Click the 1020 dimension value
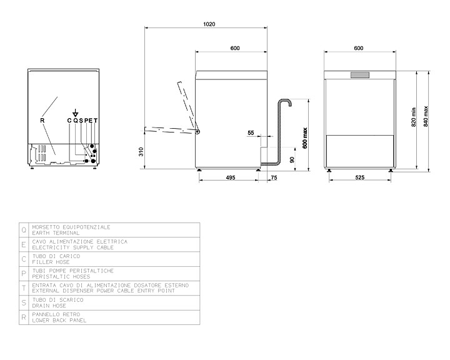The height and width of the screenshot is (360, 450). (x=209, y=24)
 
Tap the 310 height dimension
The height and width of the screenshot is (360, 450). (x=141, y=152)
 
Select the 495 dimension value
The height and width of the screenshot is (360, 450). (x=231, y=177)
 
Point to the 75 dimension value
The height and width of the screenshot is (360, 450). (x=274, y=177)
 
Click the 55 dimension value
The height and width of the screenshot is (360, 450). (x=251, y=132)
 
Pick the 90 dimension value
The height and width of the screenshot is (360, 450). (x=292, y=159)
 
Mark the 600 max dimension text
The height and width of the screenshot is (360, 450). (x=305, y=138)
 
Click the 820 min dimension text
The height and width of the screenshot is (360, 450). (x=414, y=117)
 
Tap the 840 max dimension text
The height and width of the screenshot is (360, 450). (x=426, y=116)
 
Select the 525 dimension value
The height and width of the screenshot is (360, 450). (x=359, y=177)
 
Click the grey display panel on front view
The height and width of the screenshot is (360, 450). (x=360, y=75)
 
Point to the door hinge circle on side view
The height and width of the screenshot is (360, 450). (x=197, y=132)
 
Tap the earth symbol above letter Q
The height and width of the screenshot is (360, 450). (x=75, y=113)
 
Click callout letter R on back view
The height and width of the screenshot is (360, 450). (x=42, y=121)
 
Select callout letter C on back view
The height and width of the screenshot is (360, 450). (x=69, y=121)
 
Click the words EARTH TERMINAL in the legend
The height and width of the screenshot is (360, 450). (x=56, y=233)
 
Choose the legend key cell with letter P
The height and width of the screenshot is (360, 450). (x=24, y=274)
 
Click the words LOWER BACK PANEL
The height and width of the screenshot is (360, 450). (x=59, y=321)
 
